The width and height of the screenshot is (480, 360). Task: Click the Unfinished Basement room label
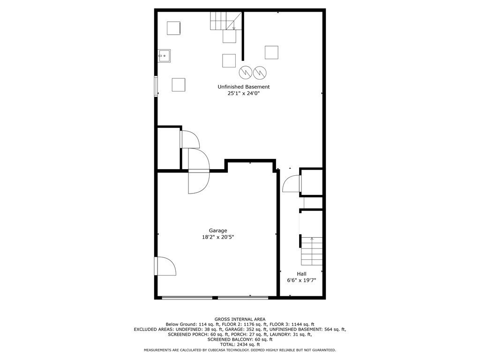point(244,87)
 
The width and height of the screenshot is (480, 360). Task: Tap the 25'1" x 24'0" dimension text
point(244,94)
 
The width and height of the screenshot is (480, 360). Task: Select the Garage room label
point(218,231)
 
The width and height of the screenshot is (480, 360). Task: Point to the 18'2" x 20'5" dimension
point(218,237)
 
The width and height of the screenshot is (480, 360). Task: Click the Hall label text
point(301,274)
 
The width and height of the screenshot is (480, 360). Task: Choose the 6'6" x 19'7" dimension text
point(301,280)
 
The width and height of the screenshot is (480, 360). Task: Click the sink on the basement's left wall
point(164,56)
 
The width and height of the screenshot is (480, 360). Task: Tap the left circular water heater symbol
point(246,72)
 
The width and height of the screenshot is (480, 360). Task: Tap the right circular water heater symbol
point(260,72)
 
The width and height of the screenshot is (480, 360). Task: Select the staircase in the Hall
point(312,251)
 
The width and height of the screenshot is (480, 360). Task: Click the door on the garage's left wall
point(165,266)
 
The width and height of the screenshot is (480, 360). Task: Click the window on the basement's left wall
point(156,87)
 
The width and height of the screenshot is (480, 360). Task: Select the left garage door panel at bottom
point(187,297)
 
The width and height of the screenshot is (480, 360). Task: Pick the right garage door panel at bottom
point(243,297)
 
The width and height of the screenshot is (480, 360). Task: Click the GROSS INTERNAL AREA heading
point(240,319)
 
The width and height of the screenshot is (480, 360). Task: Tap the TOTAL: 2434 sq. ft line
point(240,345)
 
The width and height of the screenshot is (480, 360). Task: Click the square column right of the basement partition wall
point(271,52)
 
